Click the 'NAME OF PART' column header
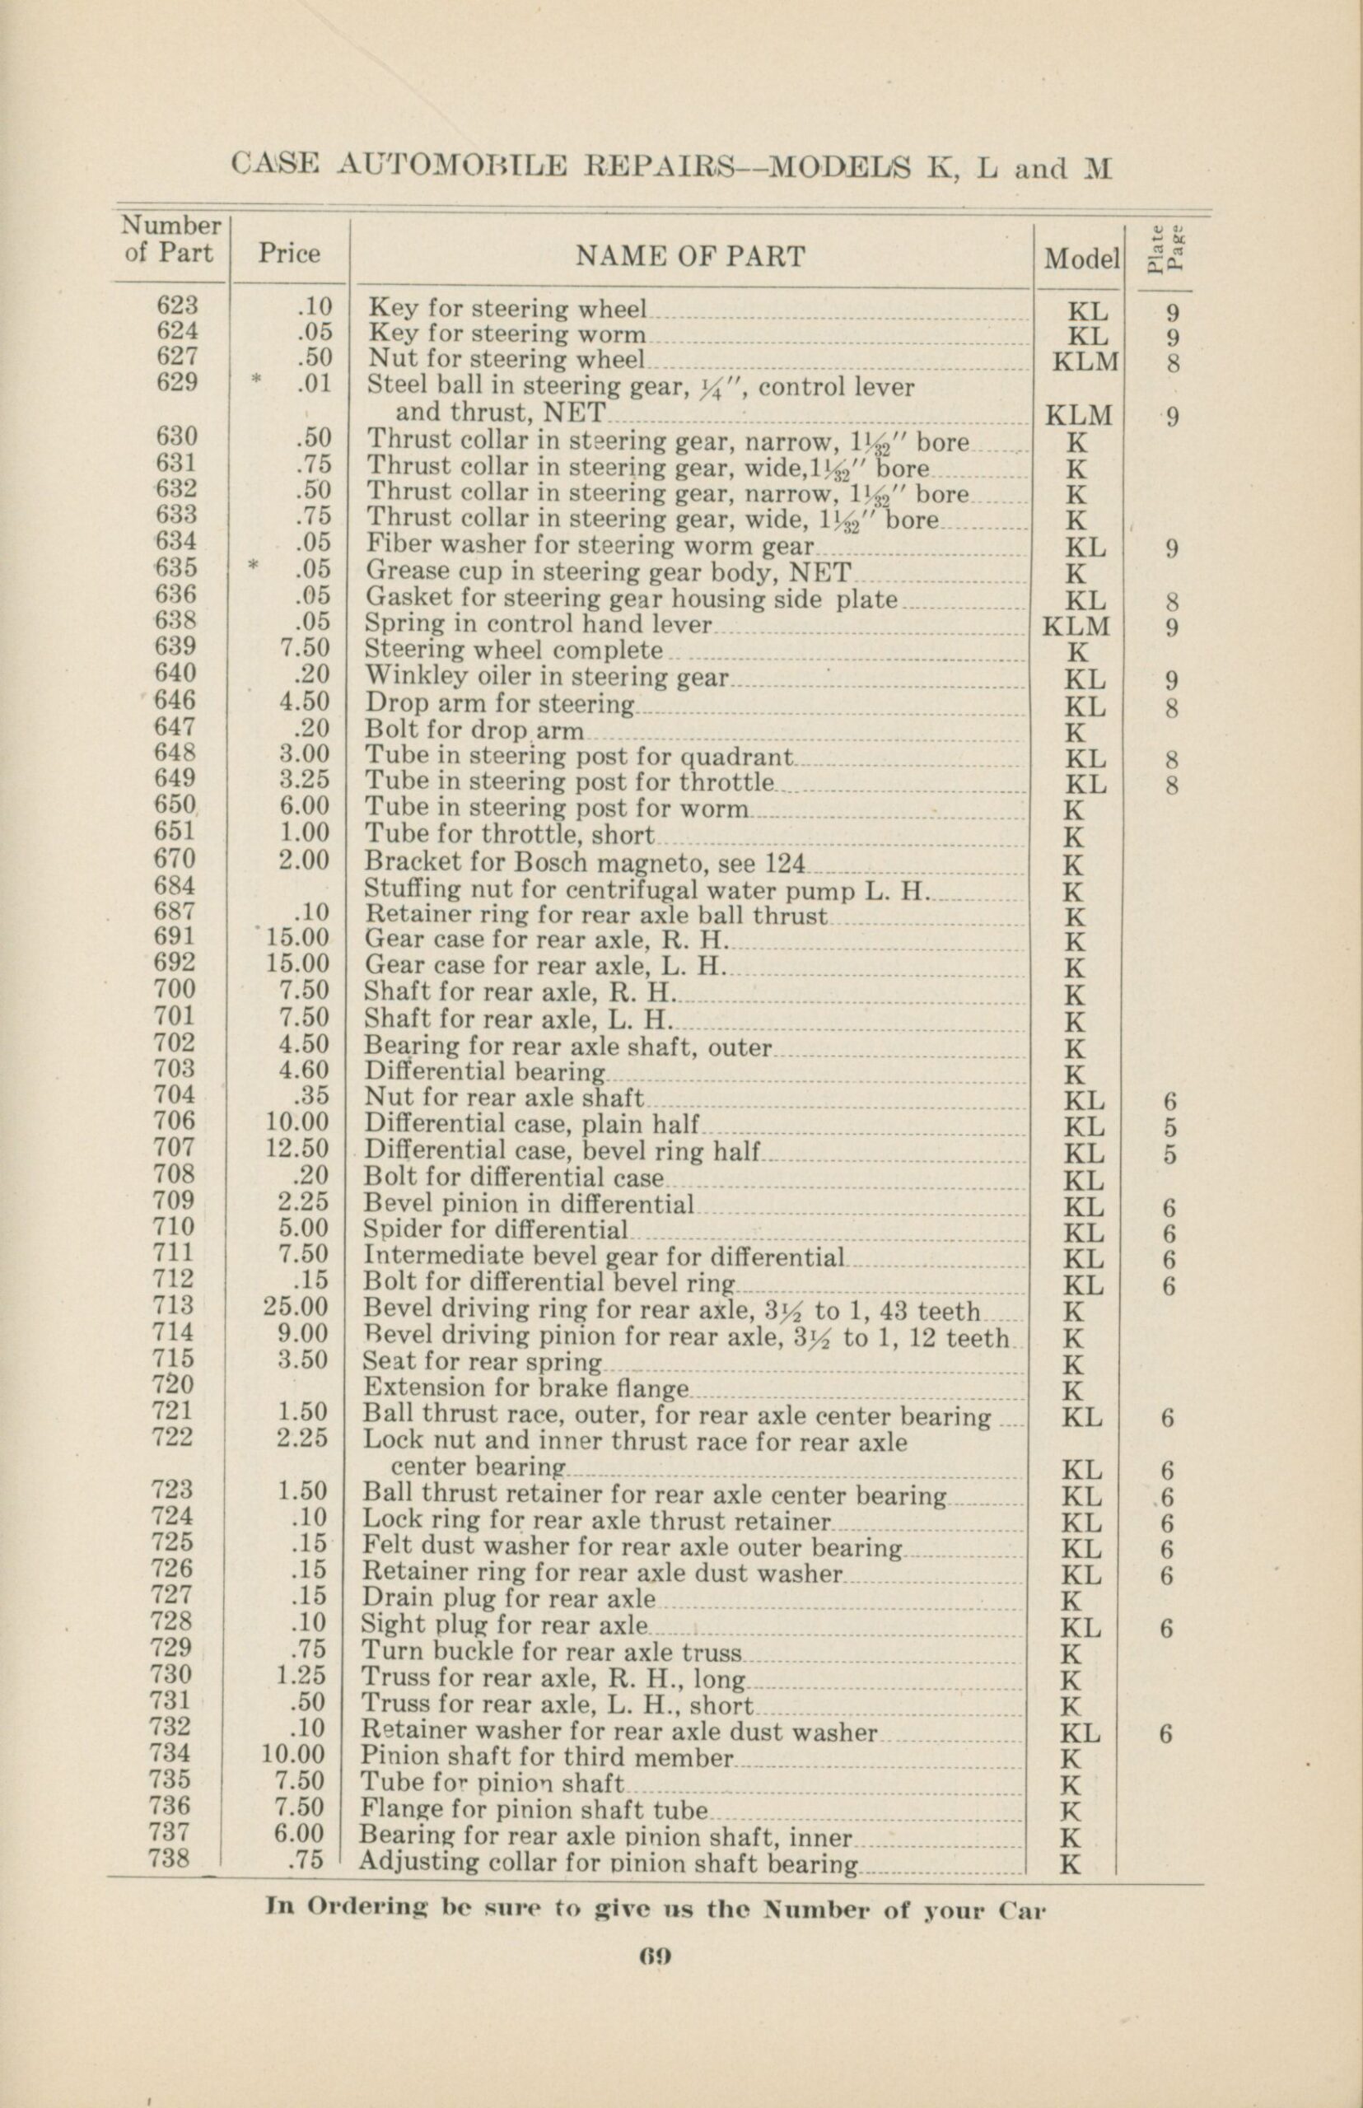[x=690, y=257]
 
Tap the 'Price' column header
[x=289, y=254]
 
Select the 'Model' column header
[x=1081, y=259]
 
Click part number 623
[x=177, y=305]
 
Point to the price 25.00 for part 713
[x=296, y=1307]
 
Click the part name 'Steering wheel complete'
[x=514, y=651]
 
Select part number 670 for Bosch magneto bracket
[x=175, y=858]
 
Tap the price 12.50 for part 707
[x=296, y=1148]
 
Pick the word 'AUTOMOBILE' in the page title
[x=452, y=166]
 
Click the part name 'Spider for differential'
[x=496, y=1230]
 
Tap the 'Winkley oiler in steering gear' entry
[x=547, y=678]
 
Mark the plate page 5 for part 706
[x=1170, y=1128]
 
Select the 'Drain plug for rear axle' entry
[x=510, y=1598]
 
